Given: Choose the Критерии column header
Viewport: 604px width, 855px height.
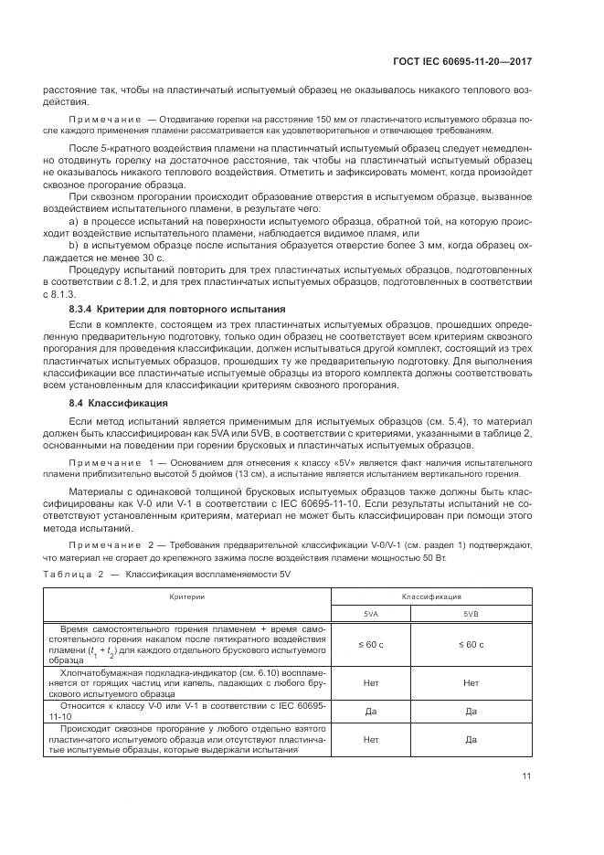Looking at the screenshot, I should [x=186, y=595].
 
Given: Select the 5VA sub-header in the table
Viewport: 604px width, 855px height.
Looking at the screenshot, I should [x=370, y=614].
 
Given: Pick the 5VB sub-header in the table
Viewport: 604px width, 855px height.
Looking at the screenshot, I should [x=471, y=614].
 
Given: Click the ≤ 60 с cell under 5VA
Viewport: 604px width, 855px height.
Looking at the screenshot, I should [x=370, y=644].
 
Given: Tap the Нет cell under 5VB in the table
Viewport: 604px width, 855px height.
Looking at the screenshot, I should [x=471, y=681].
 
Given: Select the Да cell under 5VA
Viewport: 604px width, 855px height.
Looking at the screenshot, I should [x=370, y=710].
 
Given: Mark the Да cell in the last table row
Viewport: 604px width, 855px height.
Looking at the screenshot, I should [x=471, y=738].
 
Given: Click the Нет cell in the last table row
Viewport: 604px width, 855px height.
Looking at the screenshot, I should [x=370, y=738].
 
